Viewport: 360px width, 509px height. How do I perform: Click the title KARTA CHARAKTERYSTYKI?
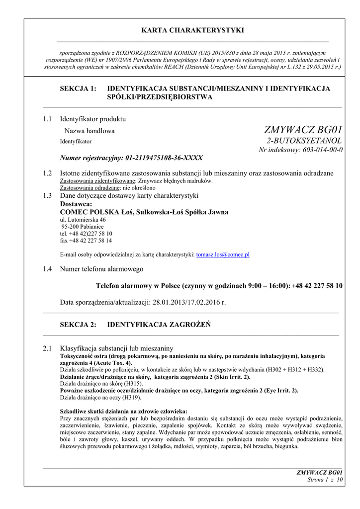click(x=192, y=30)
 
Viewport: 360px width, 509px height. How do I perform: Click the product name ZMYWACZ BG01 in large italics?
click(x=303, y=130)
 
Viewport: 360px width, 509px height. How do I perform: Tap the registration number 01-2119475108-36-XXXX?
click(x=164, y=158)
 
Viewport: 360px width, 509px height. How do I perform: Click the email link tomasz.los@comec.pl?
click(x=223, y=254)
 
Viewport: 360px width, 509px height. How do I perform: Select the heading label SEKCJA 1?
click(x=78, y=88)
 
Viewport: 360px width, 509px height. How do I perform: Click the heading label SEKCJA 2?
click(x=78, y=325)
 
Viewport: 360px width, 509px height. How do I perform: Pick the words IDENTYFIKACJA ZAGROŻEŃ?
click(x=160, y=325)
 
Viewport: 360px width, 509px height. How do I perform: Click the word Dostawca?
click(x=76, y=204)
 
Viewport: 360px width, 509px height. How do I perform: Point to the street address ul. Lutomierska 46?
click(x=83, y=219)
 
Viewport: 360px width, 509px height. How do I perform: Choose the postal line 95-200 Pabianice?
click(x=83, y=226)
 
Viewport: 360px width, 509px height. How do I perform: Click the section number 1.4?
click(x=48, y=269)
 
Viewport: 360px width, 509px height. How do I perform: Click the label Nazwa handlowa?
click(x=90, y=131)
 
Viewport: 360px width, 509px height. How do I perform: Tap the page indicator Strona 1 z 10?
click(x=326, y=480)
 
